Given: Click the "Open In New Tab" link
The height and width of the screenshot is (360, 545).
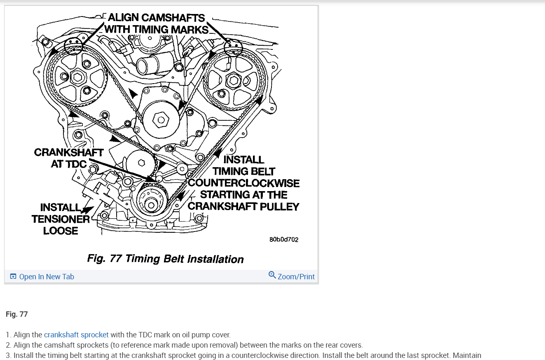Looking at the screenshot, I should click(47, 277).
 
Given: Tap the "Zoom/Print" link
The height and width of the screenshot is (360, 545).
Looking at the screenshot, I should click(296, 277).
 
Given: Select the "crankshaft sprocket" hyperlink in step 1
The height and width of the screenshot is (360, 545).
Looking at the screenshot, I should click(76, 335).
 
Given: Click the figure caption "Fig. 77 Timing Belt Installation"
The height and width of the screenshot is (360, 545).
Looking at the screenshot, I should click(165, 259).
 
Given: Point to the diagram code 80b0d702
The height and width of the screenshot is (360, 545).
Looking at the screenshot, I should click(284, 239).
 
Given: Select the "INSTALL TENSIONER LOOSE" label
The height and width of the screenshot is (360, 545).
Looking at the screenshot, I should click(60, 219).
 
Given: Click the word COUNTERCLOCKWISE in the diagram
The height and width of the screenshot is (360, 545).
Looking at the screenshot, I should click(244, 183).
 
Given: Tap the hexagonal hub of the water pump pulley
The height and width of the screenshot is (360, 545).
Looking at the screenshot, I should click(161, 120).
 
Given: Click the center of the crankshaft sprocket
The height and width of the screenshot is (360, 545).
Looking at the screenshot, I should click(151, 205).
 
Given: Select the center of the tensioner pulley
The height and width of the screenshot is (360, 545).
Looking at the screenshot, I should click(142, 162).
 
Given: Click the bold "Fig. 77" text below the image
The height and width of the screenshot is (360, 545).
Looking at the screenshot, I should click(17, 314).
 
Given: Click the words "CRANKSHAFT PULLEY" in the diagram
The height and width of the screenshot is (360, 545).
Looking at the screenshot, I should click(243, 206).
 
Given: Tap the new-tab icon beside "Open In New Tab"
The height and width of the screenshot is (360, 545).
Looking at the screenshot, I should click(13, 276).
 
